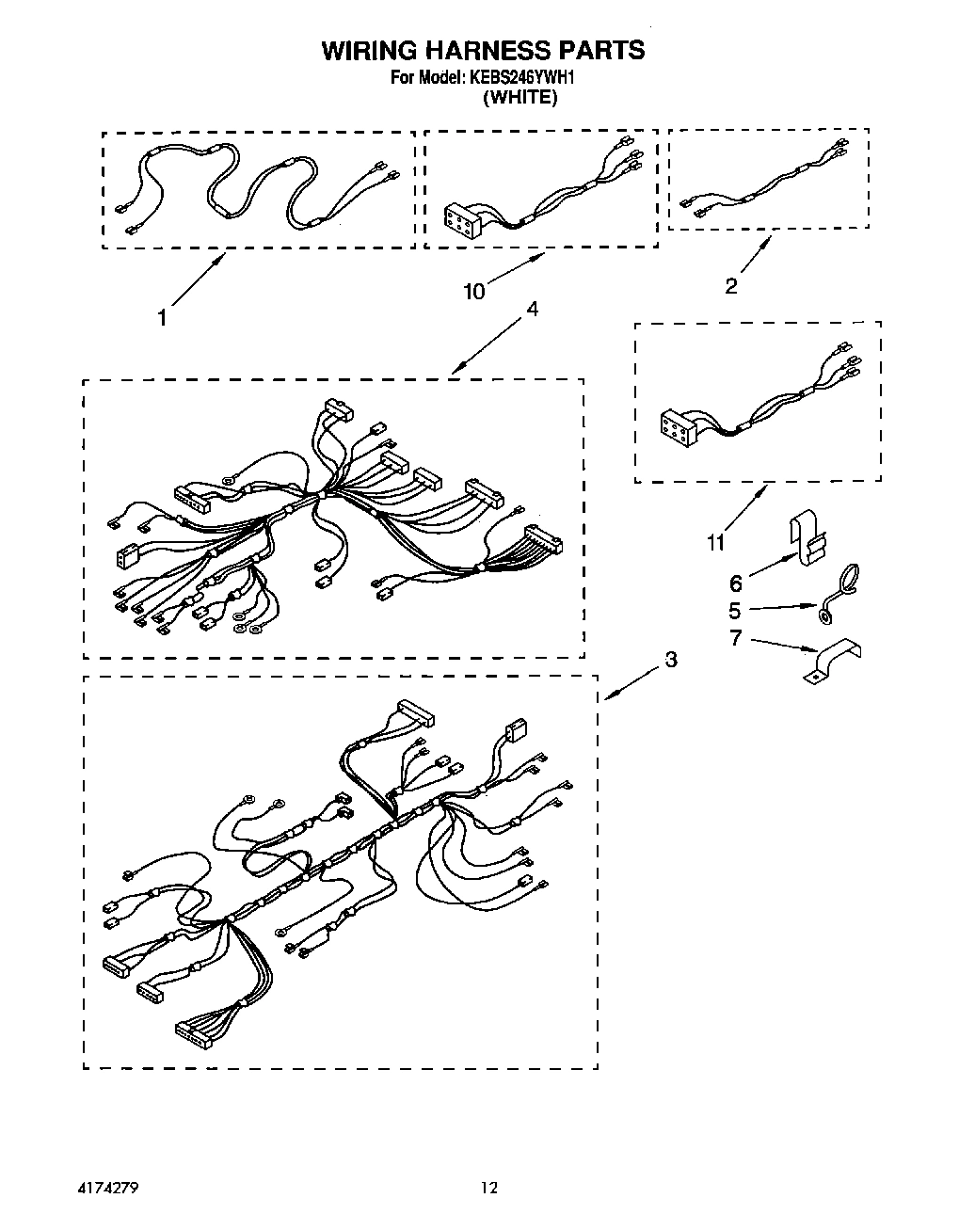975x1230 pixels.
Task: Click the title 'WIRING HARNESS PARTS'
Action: (x=483, y=51)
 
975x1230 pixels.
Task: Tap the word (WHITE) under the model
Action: (x=519, y=98)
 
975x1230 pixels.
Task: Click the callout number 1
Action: (x=163, y=318)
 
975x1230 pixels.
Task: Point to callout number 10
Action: (x=474, y=292)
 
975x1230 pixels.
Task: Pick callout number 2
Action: (x=731, y=287)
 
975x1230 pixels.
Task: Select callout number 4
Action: (x=532, y=309)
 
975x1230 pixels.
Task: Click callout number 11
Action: (x=717, y=543)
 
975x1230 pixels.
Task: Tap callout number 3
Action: (x=670, y=660)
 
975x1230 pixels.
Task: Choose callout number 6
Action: (x=736, y=584)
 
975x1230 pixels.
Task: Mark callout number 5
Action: (x=735, y=611)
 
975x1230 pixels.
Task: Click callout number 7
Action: (x=735, y=639)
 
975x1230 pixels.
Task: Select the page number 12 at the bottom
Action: (x=489, y=1189)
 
